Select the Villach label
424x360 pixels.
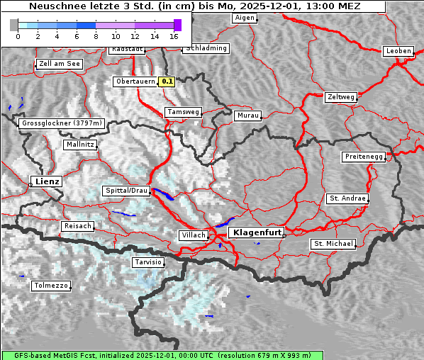coord(193,235)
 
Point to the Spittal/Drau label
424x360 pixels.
coord(127,191)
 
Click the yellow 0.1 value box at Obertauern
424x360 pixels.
coord(167,81)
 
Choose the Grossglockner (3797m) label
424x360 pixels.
coord(62,123)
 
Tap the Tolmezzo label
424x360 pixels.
coord(50,286)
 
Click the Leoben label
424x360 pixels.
coord(398,51)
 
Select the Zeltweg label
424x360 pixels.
coord(340,96)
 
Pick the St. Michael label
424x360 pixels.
coord(333,244)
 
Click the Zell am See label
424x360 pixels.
coord(59,64)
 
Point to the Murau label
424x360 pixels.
coord(247,115)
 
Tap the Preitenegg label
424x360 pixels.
coord(364,157)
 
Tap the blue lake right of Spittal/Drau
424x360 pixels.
coord(163,194)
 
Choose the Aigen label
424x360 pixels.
coord(244,17)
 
